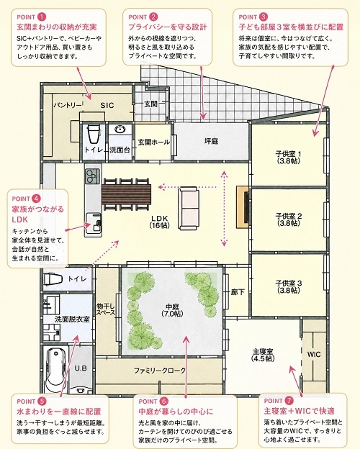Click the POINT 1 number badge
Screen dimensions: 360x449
[x=42, y=17]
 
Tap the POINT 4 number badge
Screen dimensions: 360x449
[x=37, y=198]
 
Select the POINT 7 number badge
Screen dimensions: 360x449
[x=289, y=401]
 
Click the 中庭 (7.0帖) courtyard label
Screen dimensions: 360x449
[x=172, y=310]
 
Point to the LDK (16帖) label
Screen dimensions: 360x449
[x=159, y=222]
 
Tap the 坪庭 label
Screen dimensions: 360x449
[x=211, y=141]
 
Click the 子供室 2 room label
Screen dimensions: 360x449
[x=288, y=219]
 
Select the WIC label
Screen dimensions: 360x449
[x=314, y=354]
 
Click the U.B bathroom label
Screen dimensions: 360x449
[x=81, y=368]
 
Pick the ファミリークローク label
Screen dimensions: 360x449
[x=160, y=371]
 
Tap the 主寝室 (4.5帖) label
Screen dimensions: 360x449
[x=263, y=355]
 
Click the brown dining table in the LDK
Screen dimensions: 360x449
[x=126, y=194]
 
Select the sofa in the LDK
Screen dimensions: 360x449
[x=189, y=208]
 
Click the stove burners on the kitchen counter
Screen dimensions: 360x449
[x=93, y=176]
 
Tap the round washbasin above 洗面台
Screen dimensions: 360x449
[x=120, y=130]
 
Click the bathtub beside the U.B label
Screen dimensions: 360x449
[x=55, y=369]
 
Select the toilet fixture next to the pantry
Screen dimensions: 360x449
[x=94, y=133]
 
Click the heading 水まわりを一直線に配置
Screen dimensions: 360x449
[x=59, y=412]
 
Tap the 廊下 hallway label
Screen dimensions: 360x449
[x=238, y=292]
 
